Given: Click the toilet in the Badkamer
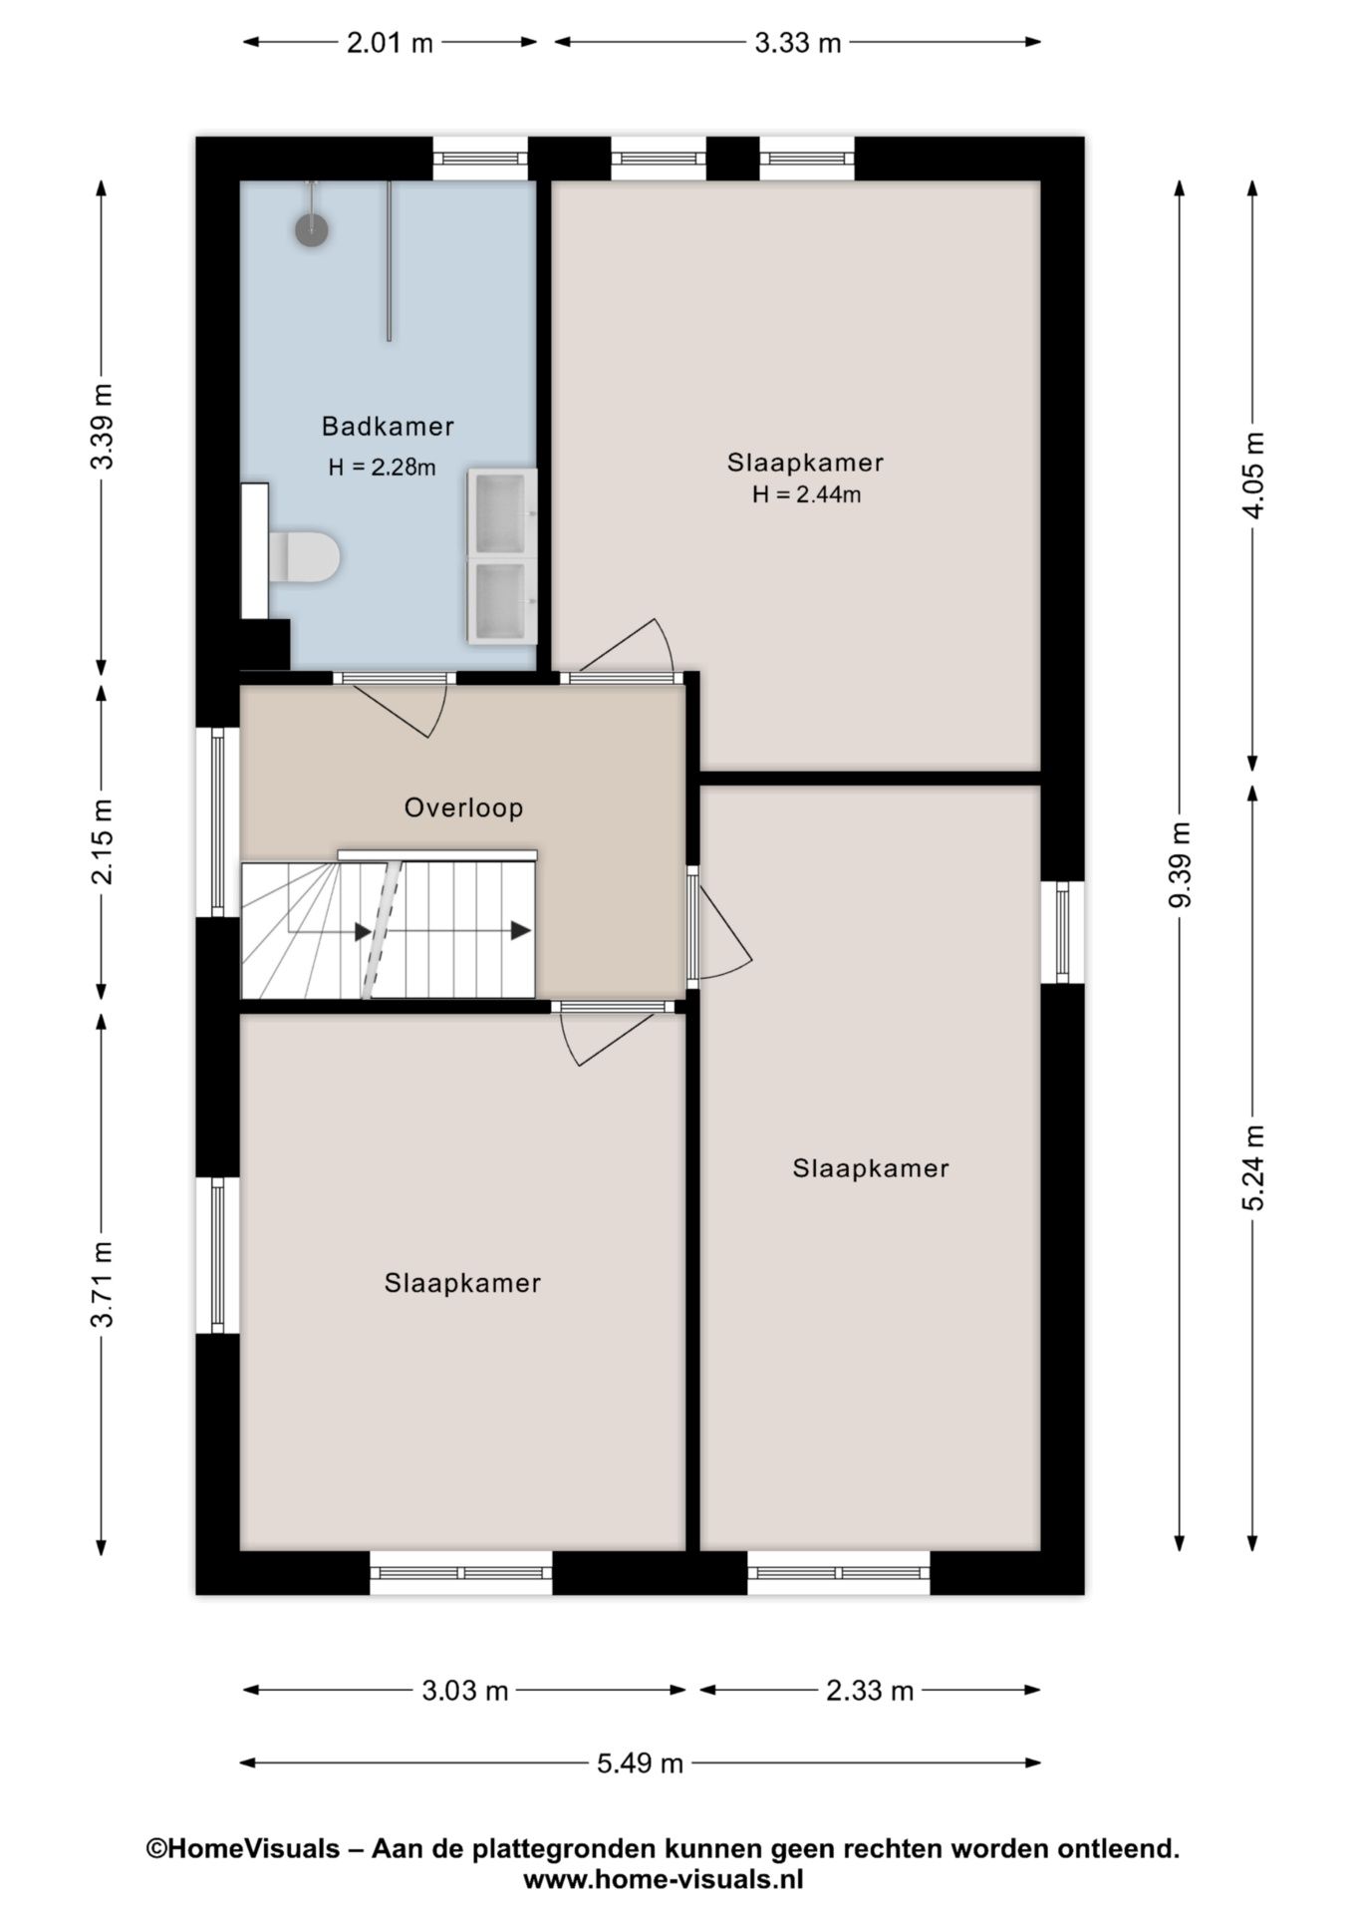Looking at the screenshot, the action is [x=305, y=557].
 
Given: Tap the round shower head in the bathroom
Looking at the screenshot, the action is [x=312, y=229].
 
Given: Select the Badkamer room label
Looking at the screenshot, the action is [x=388, y=427].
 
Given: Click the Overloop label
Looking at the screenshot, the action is [x=463, y=807].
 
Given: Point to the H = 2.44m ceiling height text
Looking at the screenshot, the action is [x=806, y=494].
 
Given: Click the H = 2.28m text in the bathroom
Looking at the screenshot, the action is [x=382, y=468].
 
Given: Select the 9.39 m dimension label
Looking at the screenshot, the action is [x=1181, y=864].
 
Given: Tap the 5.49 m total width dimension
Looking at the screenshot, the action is [x=640, y=1763].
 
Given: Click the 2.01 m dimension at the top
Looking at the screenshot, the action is [x=390, y=43].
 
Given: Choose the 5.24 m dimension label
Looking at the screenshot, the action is [x=1253, y=1167].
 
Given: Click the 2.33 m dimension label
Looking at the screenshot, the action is [x=870, y=1691].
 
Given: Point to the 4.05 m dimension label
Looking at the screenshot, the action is [x=1253, y=475].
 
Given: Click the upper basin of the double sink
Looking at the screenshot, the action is [x=501, y=512].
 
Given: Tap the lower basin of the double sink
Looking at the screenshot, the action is [x=501, y=600].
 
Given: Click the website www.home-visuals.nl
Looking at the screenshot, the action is [x=663, y=1880].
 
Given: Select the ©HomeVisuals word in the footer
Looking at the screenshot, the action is [x=243, y=1849].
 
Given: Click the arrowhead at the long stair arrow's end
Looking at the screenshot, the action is [x=520, y=931].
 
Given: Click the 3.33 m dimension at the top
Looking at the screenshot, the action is [x=797, y=43].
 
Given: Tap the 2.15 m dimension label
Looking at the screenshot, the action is [x=103, y=840].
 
